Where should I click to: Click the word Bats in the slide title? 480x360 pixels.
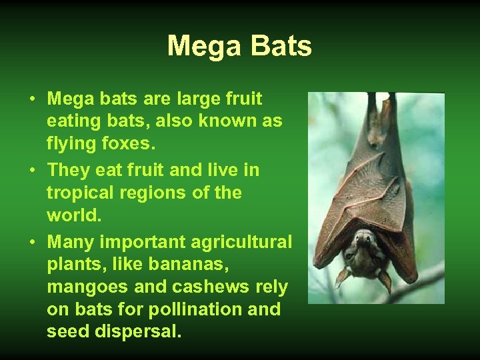coord(280,47)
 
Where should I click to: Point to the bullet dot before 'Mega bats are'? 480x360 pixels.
coord(32,100)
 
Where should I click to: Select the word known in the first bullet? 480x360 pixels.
coord(221,122)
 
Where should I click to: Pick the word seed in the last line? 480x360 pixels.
coord(65,331)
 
